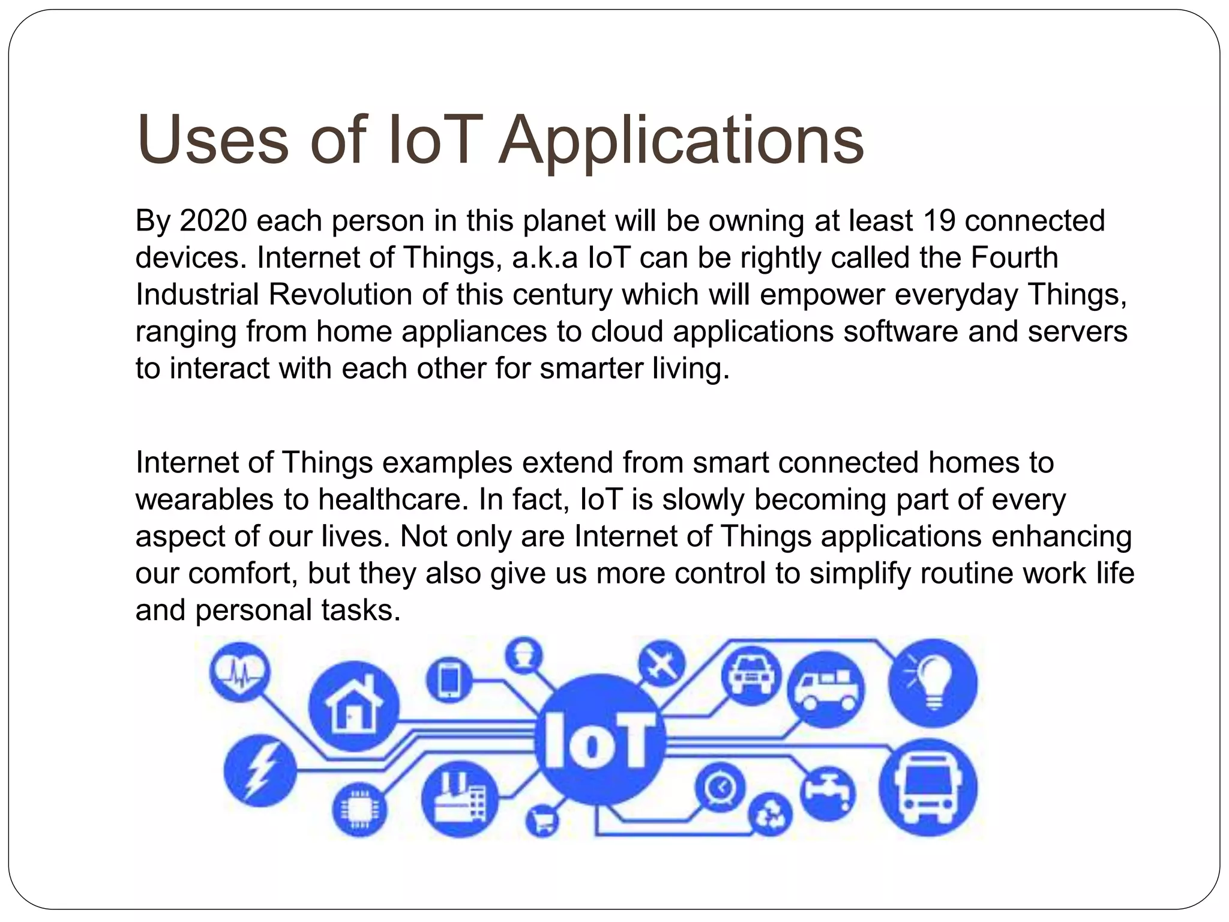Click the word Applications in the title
(681, 141)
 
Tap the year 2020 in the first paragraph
(213, 221)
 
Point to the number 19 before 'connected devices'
(939, 221)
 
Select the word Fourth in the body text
(1014, 258)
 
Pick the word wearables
(204, 499)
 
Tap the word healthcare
(392, 499)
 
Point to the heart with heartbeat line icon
(239, 672)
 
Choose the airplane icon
(661, 663)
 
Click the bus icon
(928, 788)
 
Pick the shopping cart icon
(542, 821)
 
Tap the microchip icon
(359, 811)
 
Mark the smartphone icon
(448, 681)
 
